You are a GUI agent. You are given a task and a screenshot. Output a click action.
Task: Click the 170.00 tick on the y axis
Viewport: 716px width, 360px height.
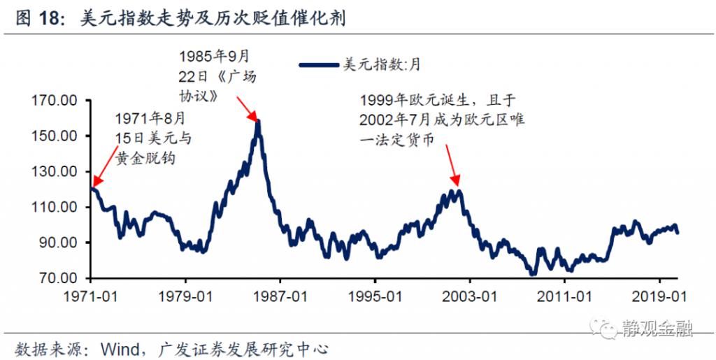click(x=55, y=101)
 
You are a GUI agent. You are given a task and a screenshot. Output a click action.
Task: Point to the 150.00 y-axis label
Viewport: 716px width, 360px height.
click(x=55, y=136)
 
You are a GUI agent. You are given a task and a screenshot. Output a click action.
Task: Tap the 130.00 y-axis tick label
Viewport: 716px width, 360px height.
click(x=55, y=172)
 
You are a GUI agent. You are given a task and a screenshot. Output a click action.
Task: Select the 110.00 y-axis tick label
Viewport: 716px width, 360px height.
click(x=55, y=208)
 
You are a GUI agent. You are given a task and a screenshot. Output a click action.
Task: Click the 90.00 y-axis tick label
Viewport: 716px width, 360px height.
click(x=59, y=243)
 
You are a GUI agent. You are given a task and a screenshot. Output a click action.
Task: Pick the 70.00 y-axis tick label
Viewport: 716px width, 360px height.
click(x=59, y=278)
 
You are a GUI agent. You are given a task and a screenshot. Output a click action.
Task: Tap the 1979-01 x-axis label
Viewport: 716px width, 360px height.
click(x=187, y=296)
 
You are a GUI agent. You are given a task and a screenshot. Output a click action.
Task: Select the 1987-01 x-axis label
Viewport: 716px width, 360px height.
click(x=282, y=296)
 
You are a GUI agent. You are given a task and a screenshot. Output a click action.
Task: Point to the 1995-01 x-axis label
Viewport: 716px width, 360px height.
click(x=378, y=296)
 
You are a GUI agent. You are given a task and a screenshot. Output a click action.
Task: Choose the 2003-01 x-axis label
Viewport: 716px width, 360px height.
click(x=473, y=296)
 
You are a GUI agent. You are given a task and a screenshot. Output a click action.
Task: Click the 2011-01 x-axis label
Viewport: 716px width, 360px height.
click(x=569, y=296)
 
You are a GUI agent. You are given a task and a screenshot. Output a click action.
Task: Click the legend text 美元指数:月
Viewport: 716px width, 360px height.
click(x=380, y=65)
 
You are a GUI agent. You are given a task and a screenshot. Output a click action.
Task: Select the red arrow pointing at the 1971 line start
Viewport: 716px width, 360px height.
click(x=103, y=166)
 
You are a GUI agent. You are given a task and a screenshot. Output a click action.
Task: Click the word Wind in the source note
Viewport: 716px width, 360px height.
click(x=122, y=347)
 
